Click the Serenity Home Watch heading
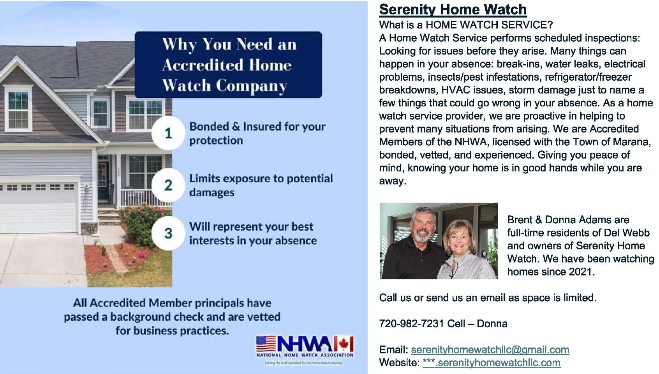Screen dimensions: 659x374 (x=453, y=9)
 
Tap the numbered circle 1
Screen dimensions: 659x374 (x=168, y=133)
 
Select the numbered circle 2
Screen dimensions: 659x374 (x=168, y=185)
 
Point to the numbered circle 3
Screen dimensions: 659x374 (x=168, y=233)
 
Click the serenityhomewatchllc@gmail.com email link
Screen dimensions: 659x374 (x=490, y=349)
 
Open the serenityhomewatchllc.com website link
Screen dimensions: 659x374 (x=491, y=363)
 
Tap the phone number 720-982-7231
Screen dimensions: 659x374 (x=411, y=324)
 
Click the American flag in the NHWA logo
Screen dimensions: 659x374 (x=266, y=344)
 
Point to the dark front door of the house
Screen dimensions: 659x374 (x=103, y=180)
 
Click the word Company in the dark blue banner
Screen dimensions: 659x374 (x=251, y=86)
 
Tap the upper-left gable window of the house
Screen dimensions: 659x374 (x=18, y=109)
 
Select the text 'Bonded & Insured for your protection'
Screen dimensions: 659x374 (x=257, y=133)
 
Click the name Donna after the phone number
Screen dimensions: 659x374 (x=492, y=324)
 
